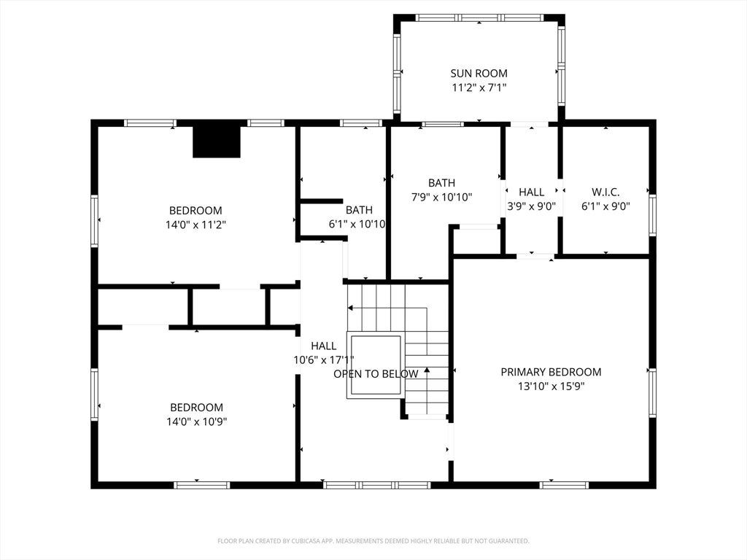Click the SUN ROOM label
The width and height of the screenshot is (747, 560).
(x=479, y=74)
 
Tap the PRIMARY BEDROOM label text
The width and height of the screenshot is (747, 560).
(x=551, y=372)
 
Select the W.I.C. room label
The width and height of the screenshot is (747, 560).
(x=605, y=192)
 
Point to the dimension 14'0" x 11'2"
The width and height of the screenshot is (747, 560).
(x=196, y=225)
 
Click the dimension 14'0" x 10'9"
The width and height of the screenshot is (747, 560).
(x=196, y=421)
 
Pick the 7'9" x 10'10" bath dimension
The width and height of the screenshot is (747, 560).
(x=441, y=197)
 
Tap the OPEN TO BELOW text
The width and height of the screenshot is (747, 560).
(x=376, y=374)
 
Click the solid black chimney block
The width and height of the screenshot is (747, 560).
(x=217, y=142)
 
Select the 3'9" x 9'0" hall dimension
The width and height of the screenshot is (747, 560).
(x=531, y=206)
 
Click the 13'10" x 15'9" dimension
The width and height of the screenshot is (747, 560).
(x=551, y=386)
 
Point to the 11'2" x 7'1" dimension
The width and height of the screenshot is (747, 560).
(x=479, y=87)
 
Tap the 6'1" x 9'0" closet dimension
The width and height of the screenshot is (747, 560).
(x=605, y=206)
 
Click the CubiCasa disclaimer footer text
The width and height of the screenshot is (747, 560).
(x=373, y=541)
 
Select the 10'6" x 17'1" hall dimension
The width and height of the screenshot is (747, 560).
(x=323, y=360)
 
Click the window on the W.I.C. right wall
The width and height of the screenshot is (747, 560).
(x=652, y=215)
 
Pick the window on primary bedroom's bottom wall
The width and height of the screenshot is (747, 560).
(x=564, y=485)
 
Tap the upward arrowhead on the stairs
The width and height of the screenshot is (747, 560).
(x=427, y=370)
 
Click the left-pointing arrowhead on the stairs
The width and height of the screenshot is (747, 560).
(x=350, y=308)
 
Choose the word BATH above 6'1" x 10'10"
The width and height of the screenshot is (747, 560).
(x=359, y=210)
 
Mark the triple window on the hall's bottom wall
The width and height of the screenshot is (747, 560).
(x=377, y=485)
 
